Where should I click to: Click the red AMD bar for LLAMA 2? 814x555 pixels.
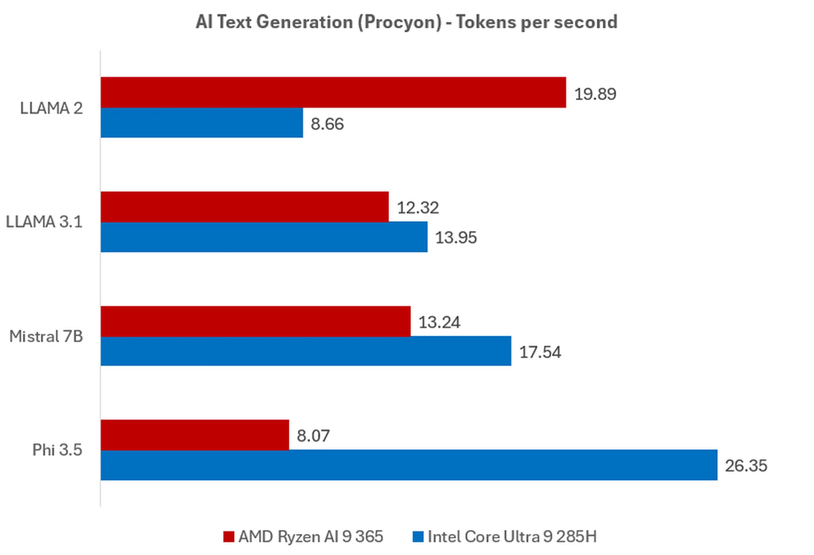(333, 92)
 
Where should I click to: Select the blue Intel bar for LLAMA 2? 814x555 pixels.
(202, 123)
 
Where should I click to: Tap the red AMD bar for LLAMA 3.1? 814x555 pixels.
(245, 207)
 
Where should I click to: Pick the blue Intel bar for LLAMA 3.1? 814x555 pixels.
(264, 237)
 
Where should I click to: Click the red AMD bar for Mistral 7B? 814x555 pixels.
(256, 321)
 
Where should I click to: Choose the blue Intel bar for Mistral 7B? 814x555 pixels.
(306, 351)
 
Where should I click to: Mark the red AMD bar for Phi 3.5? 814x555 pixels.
(195, 435)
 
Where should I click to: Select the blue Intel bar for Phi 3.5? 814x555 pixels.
(409, 465)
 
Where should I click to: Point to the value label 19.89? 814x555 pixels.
(595, 94)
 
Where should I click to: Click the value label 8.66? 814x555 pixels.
(327, 124)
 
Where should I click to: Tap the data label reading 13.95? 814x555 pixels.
(456, 237)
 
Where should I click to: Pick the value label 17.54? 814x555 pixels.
(540, 352)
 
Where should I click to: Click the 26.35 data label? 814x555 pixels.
(746, 466)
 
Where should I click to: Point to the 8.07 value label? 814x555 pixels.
(313, 436)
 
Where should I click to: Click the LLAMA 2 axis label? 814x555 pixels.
(51, 109)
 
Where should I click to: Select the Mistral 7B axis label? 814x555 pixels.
(46, 337)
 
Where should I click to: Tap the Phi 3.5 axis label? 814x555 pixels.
(57, 450)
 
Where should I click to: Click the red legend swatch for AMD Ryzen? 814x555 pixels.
(229, 537)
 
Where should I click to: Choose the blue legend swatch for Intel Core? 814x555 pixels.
(418, 537)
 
